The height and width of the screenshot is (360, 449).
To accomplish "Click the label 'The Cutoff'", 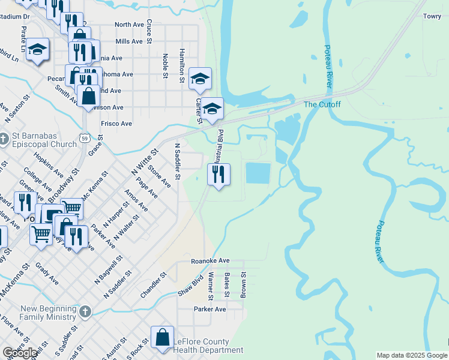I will pyautogui.click(x=322, y=104).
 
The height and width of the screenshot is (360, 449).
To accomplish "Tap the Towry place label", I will pyautogui.click(x=432, y=17).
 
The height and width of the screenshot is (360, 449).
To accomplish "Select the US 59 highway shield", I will pyautogui.click(x=85, y=140).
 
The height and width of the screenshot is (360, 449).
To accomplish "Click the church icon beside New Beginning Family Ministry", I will pyautogui.click(x=85, y=311).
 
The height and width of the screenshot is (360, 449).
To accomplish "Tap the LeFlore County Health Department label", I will pyautogui.click(x=209, y=346).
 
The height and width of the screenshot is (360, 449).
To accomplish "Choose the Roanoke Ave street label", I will pyautogui.click(x=210, y=261).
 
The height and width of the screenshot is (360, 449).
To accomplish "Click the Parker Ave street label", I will pyautogui.click(x=209, y=309).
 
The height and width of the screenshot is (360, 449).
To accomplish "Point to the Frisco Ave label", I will pyautogui.click(x=116, y=124).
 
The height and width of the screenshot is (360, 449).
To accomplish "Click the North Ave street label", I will pyautogui.click(x=129, y=25).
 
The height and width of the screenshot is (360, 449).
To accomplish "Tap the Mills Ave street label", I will pyautogui.click(x=129, y=41).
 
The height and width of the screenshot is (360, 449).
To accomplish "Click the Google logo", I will pyautogui.click(x=20, y=353).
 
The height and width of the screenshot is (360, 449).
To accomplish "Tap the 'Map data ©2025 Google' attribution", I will pyautogui.click(x=412, y=355).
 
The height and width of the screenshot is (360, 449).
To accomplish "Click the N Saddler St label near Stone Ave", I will pyautogui.click(x=178, y=161).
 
